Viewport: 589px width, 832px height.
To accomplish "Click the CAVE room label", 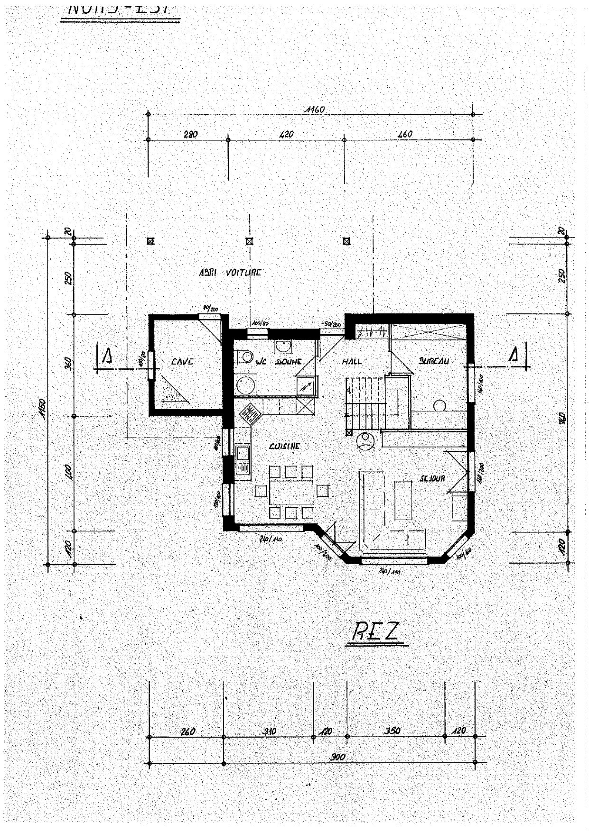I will pos(182,362).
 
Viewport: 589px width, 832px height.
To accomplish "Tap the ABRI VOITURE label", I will pos(230,273).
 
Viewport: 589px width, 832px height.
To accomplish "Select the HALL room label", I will pos(352,361).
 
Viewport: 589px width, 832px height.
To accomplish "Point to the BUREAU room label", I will pos(433,361).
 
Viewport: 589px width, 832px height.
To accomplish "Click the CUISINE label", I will pos(284,446).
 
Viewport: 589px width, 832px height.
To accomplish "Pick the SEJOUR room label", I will pos(431,479).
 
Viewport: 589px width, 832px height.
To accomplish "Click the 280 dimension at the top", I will pos(190,135).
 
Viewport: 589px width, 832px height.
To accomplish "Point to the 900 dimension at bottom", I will pos(338,757).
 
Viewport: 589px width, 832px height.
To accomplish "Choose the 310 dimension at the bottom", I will pos(269,731).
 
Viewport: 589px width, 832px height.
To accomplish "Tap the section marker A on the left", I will pos(107,355).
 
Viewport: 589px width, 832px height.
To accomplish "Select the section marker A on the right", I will pos(514,355).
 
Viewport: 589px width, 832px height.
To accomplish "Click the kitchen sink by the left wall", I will pos(243,459).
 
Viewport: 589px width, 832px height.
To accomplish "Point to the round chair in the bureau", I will pos(439,405).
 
